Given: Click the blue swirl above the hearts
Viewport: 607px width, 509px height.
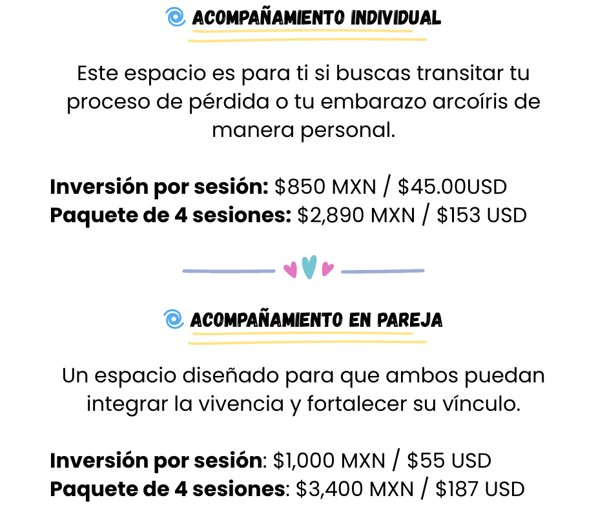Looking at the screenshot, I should [175, 17].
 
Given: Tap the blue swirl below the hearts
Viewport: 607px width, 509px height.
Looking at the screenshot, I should [174, 319].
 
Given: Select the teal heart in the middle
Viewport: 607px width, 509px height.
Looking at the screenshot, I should [309, 266].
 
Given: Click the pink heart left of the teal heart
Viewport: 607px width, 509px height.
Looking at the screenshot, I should [291, 269].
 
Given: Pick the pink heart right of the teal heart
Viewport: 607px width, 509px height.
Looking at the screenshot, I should [327, 268].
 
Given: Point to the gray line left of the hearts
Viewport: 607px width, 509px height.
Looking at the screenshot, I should [229, 271].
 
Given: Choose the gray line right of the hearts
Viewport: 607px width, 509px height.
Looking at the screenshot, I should [382, 271].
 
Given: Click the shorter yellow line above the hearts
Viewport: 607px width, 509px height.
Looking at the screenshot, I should [302, 30].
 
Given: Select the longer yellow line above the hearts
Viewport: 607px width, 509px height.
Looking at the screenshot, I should [307, 39].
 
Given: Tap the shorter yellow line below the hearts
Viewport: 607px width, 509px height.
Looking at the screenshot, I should [302, 333].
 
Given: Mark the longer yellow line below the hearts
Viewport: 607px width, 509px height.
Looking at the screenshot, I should [307, 342].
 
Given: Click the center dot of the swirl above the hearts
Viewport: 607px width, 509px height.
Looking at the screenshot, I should [175, 17].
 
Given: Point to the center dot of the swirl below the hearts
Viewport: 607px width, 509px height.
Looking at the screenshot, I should [173, 319].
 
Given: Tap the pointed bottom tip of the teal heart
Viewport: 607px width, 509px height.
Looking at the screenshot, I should [309, 278].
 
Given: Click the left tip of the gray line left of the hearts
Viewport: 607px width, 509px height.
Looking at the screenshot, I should [183, 271].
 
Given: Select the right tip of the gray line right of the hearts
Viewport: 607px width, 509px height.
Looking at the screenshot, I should [424, 270].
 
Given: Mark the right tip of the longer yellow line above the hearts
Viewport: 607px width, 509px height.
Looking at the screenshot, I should [426, 39].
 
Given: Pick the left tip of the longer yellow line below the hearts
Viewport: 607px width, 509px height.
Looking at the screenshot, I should [189, 343].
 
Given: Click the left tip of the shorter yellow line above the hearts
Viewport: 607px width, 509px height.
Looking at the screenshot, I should [193, 31].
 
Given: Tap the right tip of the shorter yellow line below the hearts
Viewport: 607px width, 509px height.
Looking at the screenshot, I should [413, 333].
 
